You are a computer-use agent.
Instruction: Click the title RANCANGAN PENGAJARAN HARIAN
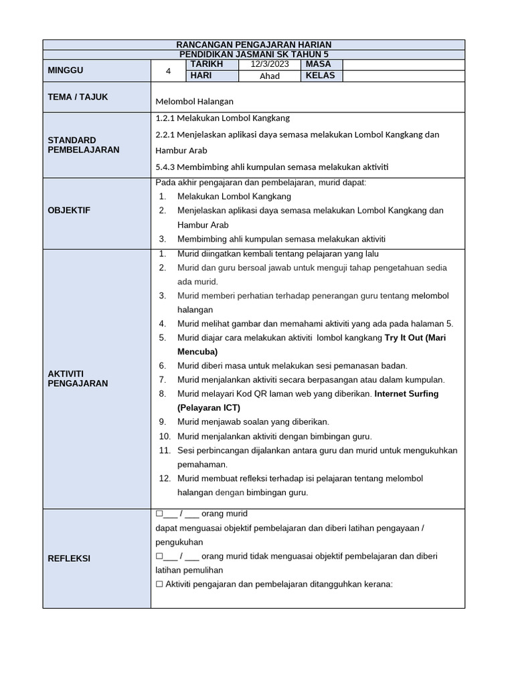coord(254,44)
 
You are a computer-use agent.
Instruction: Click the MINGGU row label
coord(66,70)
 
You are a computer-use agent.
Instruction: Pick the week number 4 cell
coord(169,70)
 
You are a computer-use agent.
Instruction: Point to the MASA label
coord(319,64)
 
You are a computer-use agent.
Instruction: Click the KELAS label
coord(320,76)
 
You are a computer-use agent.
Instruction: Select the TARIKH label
coord(207,64)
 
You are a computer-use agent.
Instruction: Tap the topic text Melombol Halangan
coord(194,101)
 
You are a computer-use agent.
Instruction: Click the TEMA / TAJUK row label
coord(78,97)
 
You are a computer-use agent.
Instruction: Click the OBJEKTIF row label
coord(69,211)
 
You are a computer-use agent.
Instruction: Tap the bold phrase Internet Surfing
coord(407,394)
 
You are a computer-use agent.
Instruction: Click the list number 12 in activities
coord(165,478)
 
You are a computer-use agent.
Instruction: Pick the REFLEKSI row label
coord(69,559)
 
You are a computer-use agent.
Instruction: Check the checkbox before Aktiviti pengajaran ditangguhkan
coord(159,584)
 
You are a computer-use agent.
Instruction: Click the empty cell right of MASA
coord(404,64)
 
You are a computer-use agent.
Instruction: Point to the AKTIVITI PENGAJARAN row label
coord(78,378)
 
